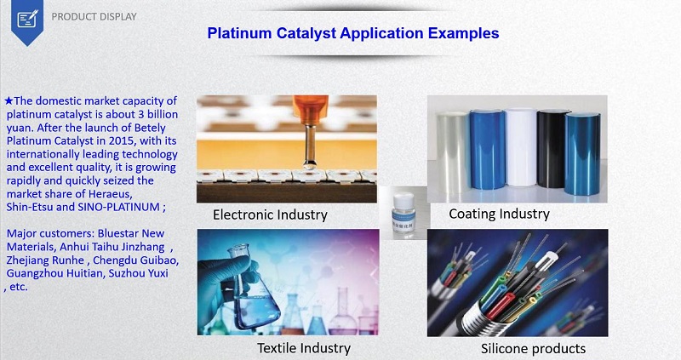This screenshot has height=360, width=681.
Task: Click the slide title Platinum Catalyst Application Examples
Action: [x=353, y=33]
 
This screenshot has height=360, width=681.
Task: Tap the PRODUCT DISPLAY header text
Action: [x=93, y=16]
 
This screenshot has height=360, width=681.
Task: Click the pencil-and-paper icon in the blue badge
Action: [x=26, y=16]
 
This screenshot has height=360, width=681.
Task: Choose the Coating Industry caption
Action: [x=499, y=214]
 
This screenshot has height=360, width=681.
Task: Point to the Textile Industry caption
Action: [x=304, y=348]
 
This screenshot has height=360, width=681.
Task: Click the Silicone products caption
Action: [x=534, y=348]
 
